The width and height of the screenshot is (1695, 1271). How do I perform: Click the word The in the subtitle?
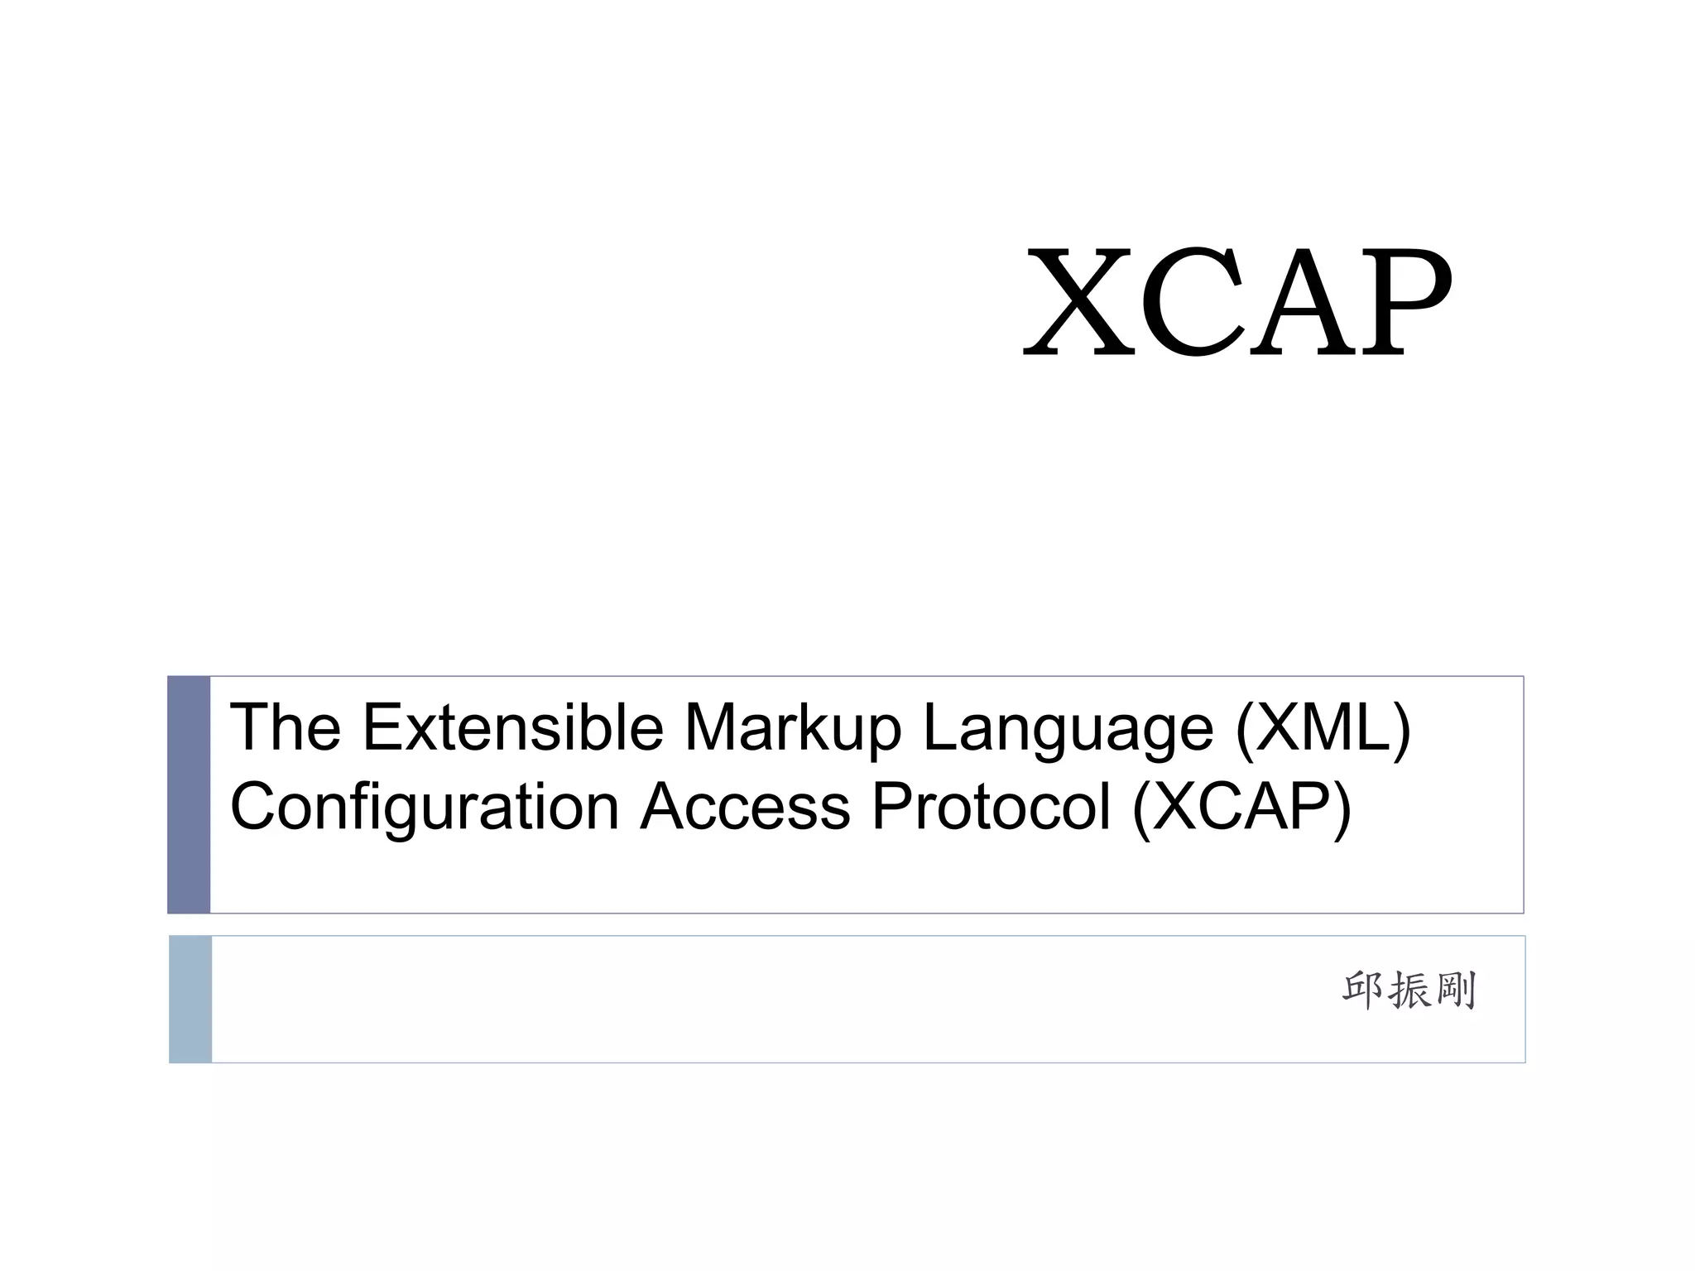(285, 727)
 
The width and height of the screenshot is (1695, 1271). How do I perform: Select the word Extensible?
(513, 727)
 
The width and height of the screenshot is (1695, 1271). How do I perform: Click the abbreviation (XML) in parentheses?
(1323, 728)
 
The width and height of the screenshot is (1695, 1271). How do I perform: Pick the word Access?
(745, 808)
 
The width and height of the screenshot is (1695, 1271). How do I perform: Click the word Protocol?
(991, 808)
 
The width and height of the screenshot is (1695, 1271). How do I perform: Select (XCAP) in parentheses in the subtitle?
(1241, 808)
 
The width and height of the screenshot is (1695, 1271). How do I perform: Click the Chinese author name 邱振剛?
(1409, 990)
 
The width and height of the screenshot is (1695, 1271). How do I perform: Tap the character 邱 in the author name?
(1363, 990)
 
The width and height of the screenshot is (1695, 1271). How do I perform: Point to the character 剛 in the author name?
(1455, 990)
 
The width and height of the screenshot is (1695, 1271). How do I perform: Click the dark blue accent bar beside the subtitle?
(189, 794)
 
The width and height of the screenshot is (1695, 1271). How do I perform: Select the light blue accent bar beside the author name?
(190, 999)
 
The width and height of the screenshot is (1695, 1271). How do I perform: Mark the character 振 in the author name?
(1409, 990)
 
